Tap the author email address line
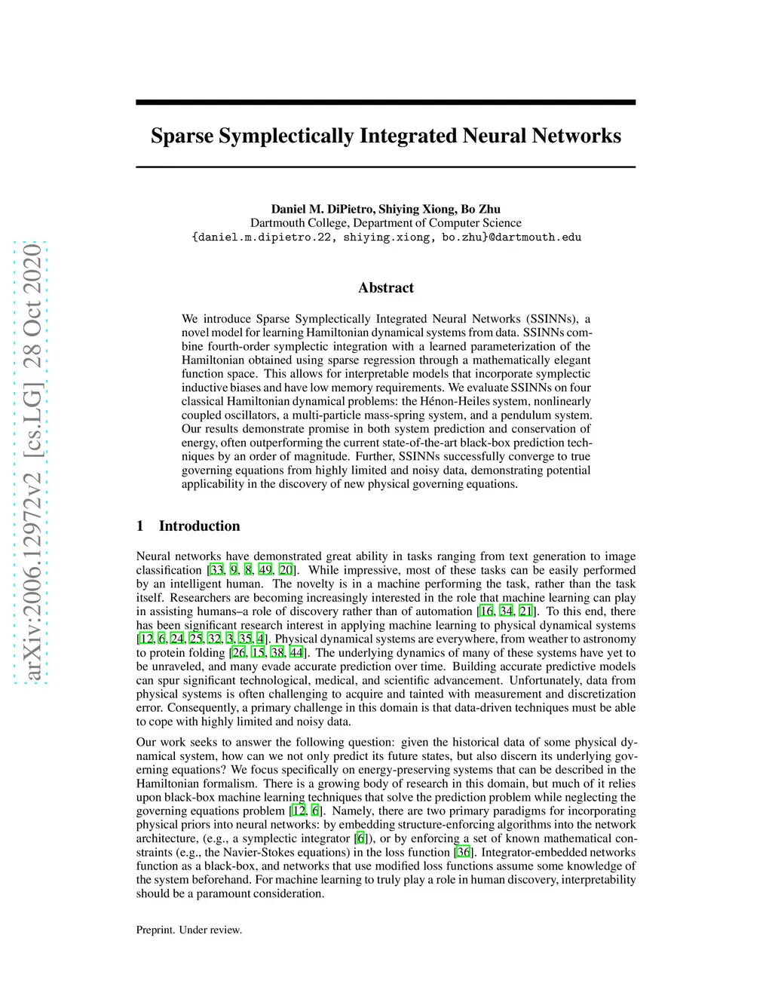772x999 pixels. (x=386, y=237)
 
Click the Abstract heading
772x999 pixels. (x=386, y=287)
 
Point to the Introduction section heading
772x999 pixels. (x=199, y=526)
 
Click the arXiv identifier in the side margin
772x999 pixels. (x=32, y=461)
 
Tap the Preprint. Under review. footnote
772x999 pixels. (x=189, y=930)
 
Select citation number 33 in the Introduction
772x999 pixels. (x=217, y=570)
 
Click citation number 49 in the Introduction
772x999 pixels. (x=265, y=570)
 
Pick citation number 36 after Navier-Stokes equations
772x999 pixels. (x=463, y=852)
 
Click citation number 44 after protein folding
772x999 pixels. (x=296, y=652)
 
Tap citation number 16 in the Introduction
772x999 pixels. (x=486, y=611)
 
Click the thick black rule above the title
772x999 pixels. (x=386, y=102)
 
